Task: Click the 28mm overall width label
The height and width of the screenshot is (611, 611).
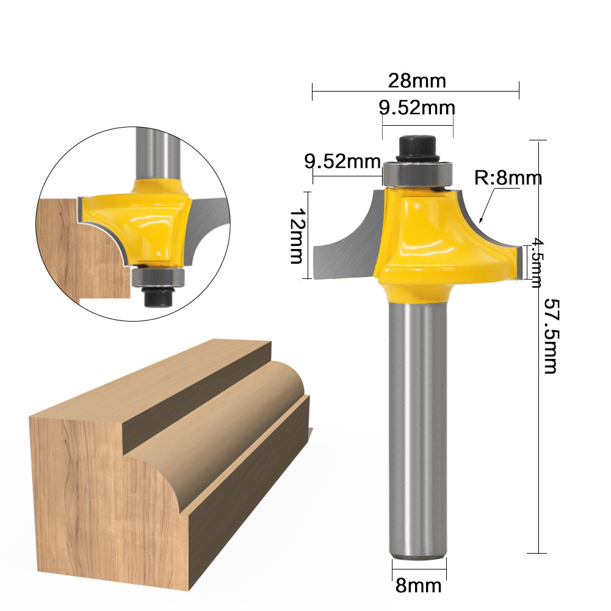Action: point(417,80)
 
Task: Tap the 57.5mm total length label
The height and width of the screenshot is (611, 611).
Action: point(551,336)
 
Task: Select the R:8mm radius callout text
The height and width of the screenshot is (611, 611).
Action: point(508,178)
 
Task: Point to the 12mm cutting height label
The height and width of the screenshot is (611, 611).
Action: point(296,236)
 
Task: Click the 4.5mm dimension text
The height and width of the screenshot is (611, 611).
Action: point(535,262)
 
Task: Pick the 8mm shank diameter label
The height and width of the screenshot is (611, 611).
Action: point(418,586)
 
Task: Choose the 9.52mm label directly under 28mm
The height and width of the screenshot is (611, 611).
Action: point(417,108)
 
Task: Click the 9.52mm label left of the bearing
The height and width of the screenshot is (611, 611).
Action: point(342,162)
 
